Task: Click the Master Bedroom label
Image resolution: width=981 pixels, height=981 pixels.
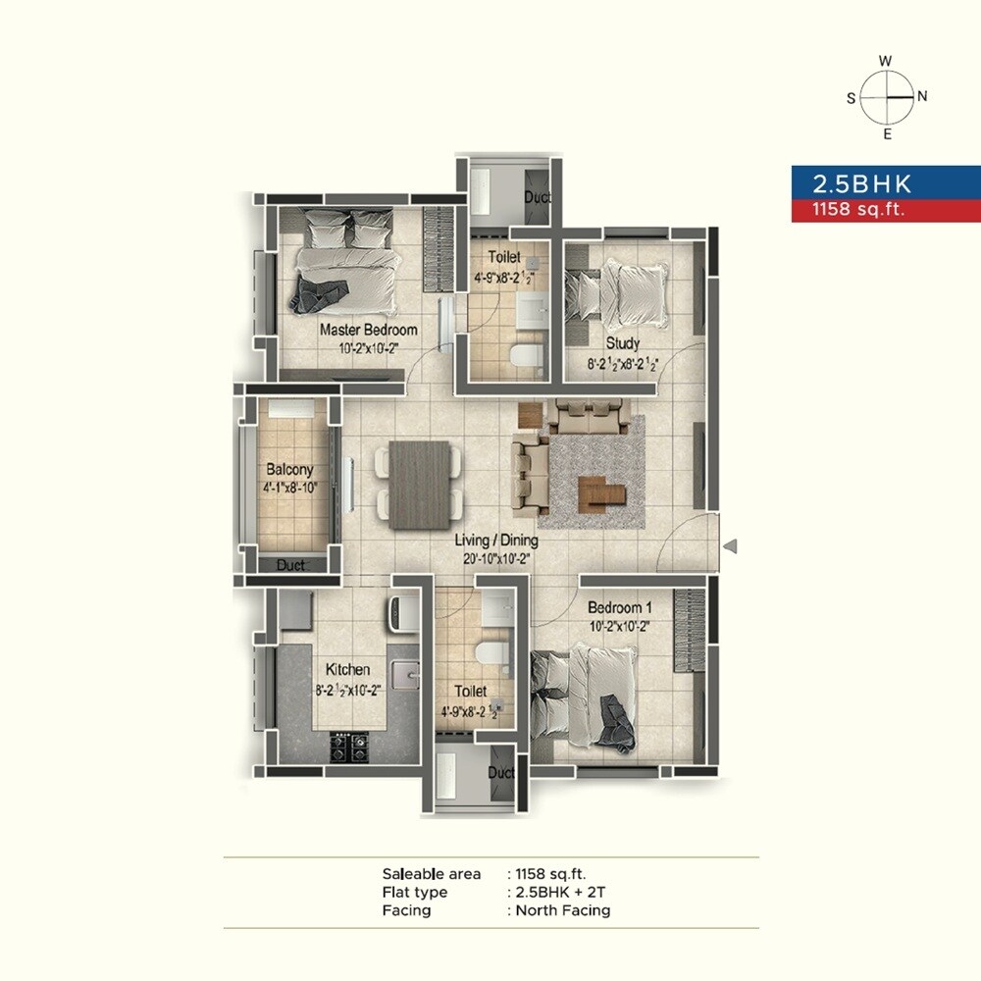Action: coord(368,330)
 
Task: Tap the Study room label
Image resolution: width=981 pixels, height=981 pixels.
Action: coord(622,343)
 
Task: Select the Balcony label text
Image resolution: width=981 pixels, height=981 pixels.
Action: coord(289,470)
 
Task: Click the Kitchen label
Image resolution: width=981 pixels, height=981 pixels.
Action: coord(347,670)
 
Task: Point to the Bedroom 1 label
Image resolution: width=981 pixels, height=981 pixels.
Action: coord(620,607)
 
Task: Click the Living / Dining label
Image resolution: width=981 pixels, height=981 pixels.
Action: coord(495,541)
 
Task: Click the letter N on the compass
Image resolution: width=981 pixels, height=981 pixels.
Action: coord(922,96)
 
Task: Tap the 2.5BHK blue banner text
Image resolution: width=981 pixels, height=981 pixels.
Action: coord(861,183)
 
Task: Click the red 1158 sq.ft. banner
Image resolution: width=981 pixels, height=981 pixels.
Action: coord(853,209)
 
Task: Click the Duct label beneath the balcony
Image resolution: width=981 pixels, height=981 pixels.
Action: coord(290,565)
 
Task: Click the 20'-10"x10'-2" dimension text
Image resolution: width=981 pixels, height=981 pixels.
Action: coord(495,558)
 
